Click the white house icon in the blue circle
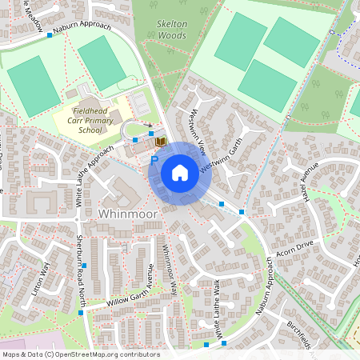[179, 173]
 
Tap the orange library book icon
[160, 142]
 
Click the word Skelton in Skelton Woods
[172, 25]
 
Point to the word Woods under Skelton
[172, 35]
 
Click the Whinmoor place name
[130, 214]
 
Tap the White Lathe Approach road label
[94, 178]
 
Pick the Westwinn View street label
[196, 133]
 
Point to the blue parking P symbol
[154, 159]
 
